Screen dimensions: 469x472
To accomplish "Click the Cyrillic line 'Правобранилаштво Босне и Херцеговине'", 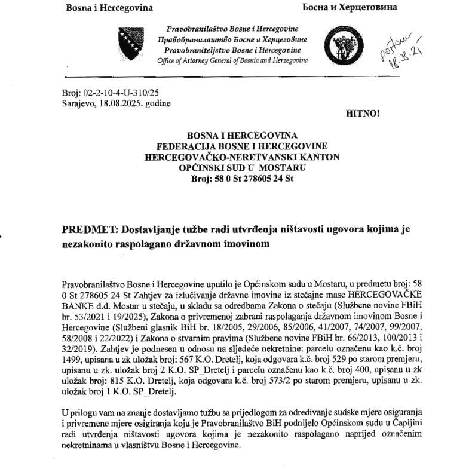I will pyautogui.click(x=232, y=39).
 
